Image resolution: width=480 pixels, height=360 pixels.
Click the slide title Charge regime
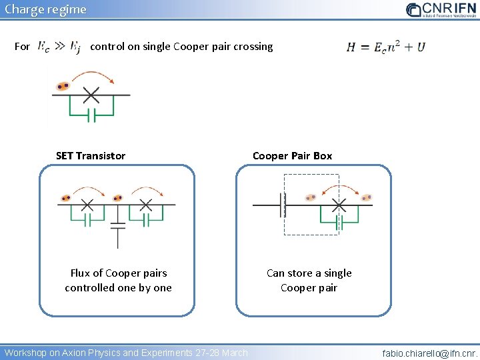(x=45, y=9)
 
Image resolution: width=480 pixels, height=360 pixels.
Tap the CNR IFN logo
(x=440, y=9)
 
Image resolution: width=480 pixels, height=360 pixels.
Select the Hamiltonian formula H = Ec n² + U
(x=385, y=47)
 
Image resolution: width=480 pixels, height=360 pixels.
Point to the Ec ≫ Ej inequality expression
(x=59, y=47)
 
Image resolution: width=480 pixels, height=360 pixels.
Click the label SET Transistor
(x=91, y=156)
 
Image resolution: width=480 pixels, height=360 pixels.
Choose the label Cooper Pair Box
(x=292, y=156)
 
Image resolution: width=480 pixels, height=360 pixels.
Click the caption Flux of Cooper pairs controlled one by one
(x=118, y=281)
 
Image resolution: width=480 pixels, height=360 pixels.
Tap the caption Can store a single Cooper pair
(x=309, y=281)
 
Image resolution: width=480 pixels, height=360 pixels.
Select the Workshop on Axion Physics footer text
(x=126, y=353)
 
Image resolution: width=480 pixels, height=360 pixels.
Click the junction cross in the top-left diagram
(x=91, y=95)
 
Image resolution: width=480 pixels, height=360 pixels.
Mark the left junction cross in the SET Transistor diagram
(x=87, y=204)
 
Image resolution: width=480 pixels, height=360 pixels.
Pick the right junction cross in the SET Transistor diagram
(x=147, y=204)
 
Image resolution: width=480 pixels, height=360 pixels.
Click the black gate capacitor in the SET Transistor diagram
(x=117, y=226)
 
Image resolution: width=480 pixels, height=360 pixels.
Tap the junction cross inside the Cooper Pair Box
(x=339, y=204)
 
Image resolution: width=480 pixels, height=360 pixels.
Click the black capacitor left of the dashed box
(x=283, y=205)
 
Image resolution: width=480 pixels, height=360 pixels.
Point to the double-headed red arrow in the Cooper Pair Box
(x=339, y=189)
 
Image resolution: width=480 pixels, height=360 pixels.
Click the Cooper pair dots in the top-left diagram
(x=63, y=86)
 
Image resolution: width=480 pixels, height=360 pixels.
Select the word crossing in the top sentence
(x=253, y=47)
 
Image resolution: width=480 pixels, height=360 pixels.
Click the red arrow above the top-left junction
(x=93, y=75)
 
